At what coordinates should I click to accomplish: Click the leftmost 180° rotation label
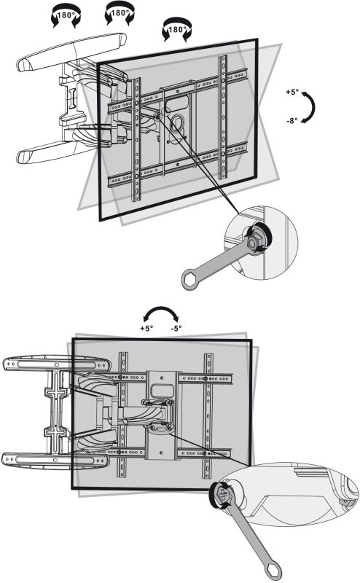pos(66,15)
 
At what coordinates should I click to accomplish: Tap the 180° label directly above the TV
pos(177,30)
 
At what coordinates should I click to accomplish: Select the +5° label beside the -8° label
pos(293,92)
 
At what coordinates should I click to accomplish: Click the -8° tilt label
pos(292,120)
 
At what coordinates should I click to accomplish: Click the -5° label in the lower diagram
pos(176,329)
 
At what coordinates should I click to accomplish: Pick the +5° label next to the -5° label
pos(146,329)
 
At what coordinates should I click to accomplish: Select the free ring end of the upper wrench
pos(189,279)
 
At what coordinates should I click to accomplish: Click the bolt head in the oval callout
pos(223,495)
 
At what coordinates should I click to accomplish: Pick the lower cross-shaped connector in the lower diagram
pos(57,433)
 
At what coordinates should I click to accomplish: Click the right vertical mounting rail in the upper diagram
pos(223,117)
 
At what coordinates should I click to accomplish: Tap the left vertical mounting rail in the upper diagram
pos(136,139)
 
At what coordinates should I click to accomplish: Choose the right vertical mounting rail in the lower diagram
pos(208,415)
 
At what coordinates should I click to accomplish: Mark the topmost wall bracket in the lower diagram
pos(56,364)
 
